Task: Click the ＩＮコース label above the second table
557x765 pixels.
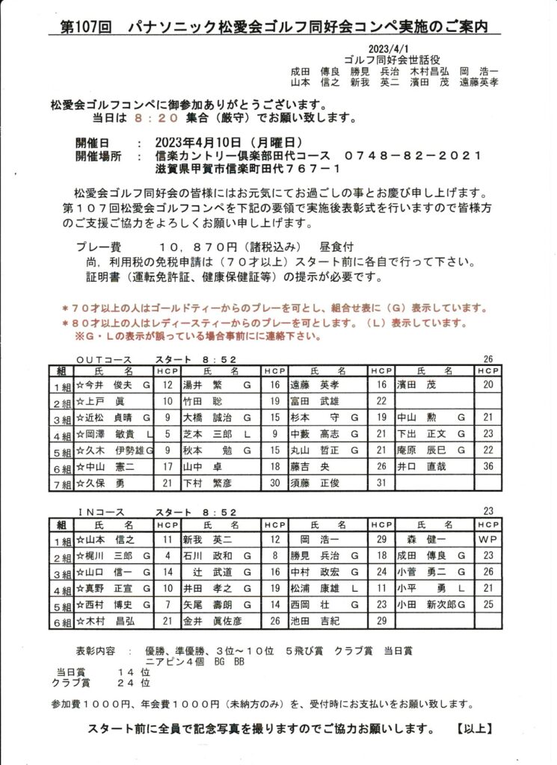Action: coord(102,512)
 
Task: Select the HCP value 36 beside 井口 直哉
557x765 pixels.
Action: coord(489,466)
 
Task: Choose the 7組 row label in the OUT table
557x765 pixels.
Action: coord(61,483)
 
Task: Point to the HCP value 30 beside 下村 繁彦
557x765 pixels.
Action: coord(274,483)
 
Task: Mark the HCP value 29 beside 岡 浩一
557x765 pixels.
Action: coord(381,539)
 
